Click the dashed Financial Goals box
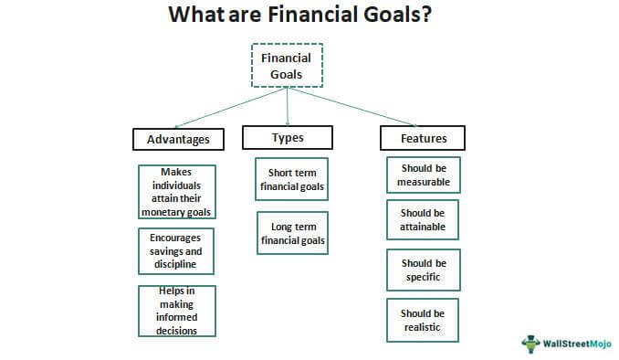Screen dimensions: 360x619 point(288,66)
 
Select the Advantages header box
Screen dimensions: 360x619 point(178,139)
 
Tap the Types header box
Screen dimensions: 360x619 point(288,137)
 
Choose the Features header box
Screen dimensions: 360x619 point(422,139)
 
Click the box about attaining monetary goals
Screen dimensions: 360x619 point(177,192)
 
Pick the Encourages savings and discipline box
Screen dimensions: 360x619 point(177,251)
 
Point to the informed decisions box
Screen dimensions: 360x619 point(177,311)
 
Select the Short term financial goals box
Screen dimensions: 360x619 point(292,179)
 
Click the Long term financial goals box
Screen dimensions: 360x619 point(292,233)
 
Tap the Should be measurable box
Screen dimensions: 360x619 point(423,175)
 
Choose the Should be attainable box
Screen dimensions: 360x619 point(423,220)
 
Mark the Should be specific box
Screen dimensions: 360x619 point(423,270)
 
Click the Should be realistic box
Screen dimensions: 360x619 point(423,320)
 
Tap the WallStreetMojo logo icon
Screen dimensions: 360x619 point(530,344)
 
